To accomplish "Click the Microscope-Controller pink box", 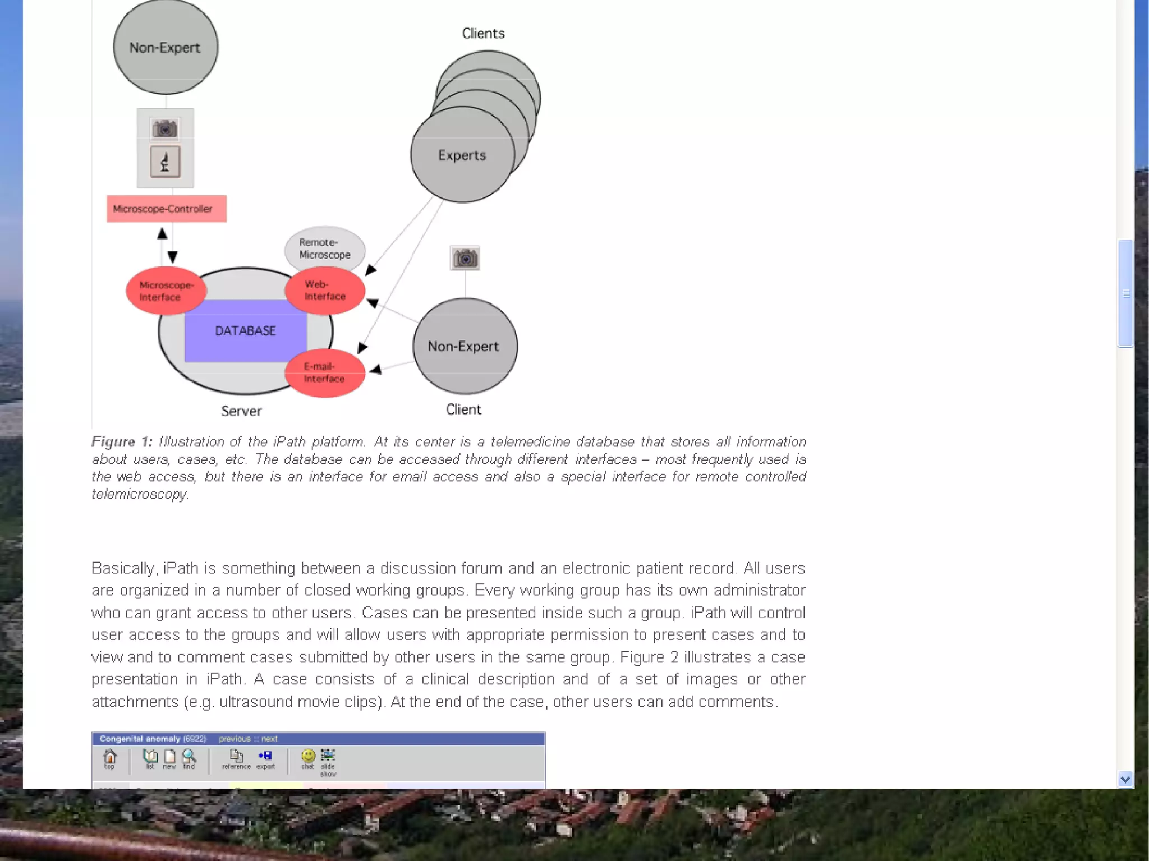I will (167, 209).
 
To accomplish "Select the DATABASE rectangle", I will (245, 330).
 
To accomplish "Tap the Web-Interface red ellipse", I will (325, 291).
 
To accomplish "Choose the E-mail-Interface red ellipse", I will (324, 372).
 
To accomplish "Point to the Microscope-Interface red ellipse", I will (166, 291).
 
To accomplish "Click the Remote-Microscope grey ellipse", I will (325, 248).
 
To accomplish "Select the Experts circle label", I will (462, 155).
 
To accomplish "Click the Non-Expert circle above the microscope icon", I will (166, 47).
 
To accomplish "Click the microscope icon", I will (165, 162).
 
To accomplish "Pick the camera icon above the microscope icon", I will (165, 129).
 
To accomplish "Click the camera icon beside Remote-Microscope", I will (465, 259).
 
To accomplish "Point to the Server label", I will (241, 411).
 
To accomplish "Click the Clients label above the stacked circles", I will (483, 34).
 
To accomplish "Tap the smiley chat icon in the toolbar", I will (308, 756).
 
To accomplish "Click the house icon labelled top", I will (110, 757).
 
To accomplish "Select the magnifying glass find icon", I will (189, 757).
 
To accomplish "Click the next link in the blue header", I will (269, 739).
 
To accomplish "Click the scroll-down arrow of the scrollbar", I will (1125, 779).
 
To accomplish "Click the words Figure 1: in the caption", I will (122, 442).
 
